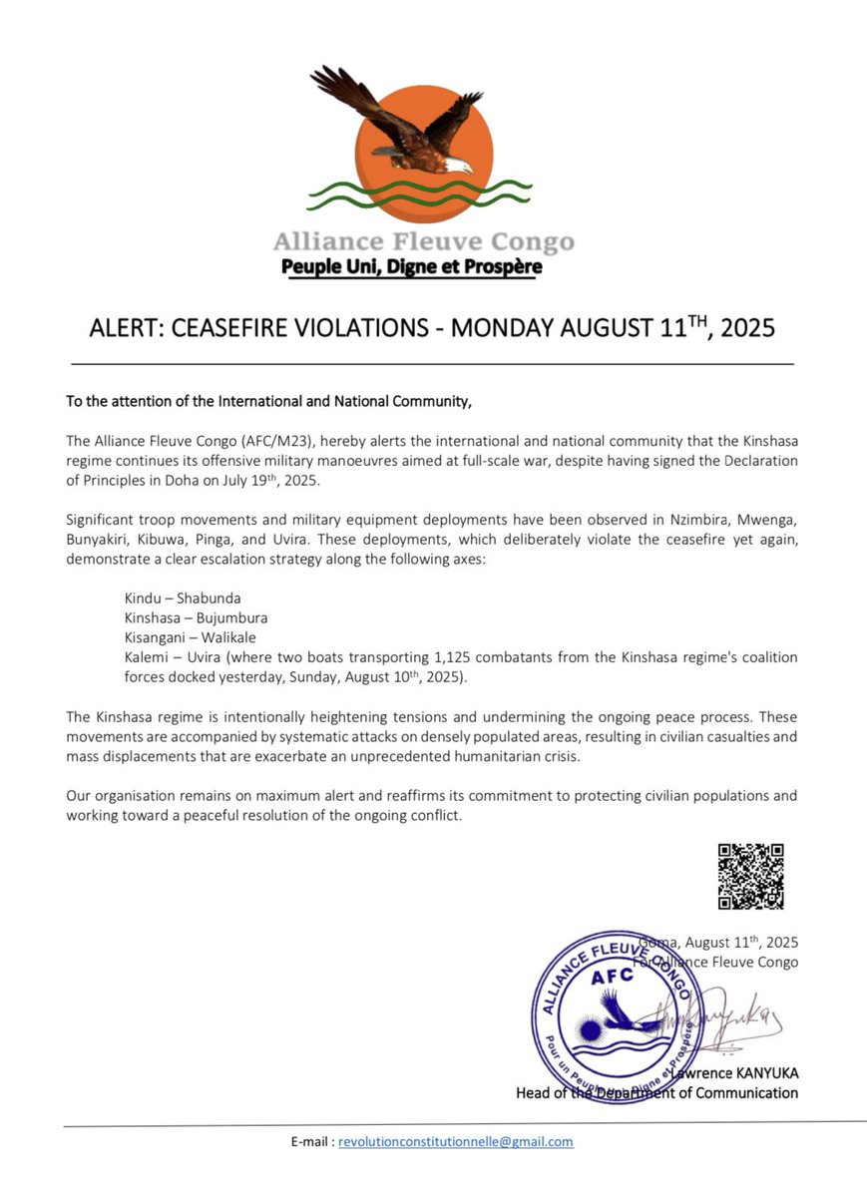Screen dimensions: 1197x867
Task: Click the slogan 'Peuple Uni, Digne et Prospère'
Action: [x=411, y=267]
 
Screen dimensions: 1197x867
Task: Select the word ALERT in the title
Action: [x=119, y=328]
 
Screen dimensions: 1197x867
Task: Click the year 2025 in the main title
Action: [x=743, y=328]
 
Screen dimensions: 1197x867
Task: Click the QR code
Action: [x=750, y=876]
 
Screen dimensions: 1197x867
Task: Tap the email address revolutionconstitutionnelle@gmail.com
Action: [x=456, y=1141]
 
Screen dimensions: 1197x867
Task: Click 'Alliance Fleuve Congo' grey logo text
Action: [x=424, y=242]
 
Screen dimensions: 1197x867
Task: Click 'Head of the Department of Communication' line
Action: [x=656, y=1092]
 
